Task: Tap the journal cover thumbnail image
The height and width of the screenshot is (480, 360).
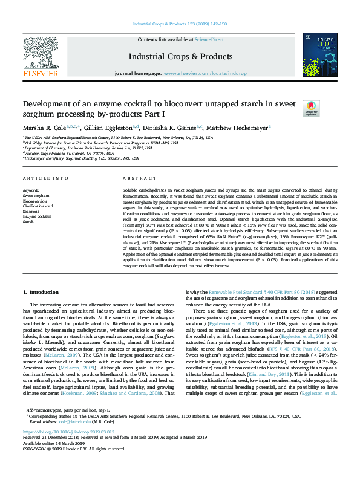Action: (320, 54)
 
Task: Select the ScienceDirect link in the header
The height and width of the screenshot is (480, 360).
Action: (209, 39)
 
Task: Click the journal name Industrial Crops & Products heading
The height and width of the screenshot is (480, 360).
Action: (171, 56)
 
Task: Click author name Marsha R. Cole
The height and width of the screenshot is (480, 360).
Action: (44, 128)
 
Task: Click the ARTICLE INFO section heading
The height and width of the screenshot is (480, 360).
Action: (45, 178)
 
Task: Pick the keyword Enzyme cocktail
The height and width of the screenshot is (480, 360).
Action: (36, 216)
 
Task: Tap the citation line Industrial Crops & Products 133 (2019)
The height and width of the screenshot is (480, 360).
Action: (180, 24)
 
